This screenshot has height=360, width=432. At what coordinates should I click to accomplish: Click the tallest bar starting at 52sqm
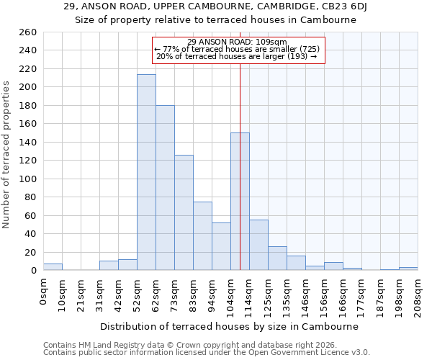(x=146, y=173)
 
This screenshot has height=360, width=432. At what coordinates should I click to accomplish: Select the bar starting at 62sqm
(x=165, y=188)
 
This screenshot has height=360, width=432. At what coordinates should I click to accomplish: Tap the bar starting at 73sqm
(x=184, y=212)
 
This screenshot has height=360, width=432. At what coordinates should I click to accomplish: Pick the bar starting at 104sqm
(x=240, y=202)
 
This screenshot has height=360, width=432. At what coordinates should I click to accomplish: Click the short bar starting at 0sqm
(x=53, y=267)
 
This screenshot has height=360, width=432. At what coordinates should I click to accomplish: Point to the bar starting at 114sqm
(x=258, y=245)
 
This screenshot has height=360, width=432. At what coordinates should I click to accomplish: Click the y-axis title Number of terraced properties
(x=7, y=155)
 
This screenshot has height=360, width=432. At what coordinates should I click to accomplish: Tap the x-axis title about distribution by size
(x=229, y=326)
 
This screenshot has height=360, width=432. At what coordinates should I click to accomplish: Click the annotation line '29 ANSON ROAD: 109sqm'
(x=237, y=42)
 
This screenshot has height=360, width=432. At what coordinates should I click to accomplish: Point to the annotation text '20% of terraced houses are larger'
(x=237, y=56)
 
